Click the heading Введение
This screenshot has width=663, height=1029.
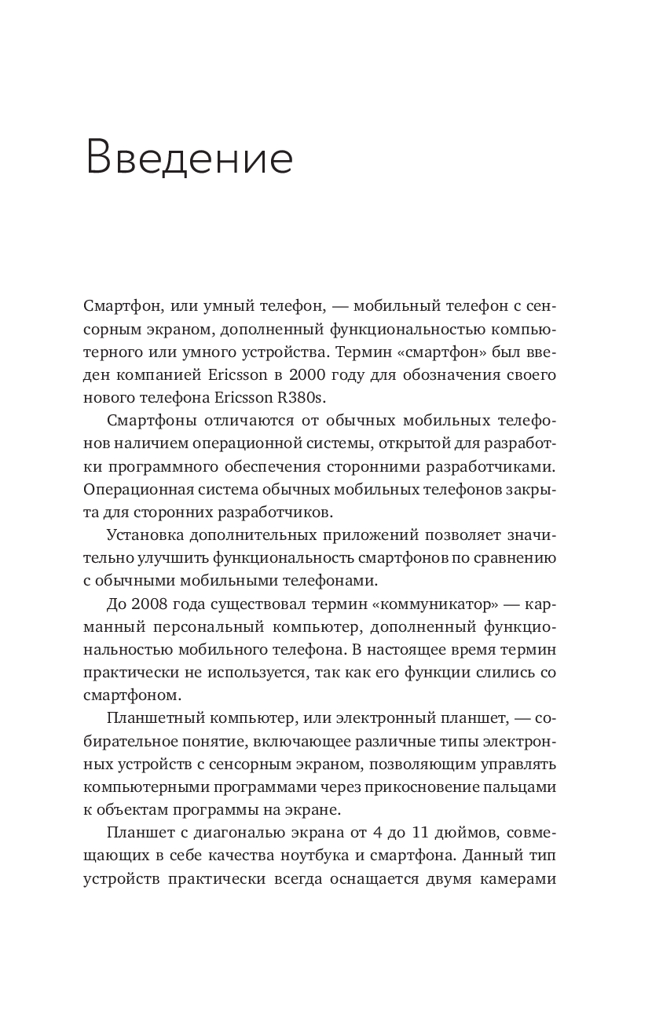click(189, 157)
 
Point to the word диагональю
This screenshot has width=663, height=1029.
click(234, 832)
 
